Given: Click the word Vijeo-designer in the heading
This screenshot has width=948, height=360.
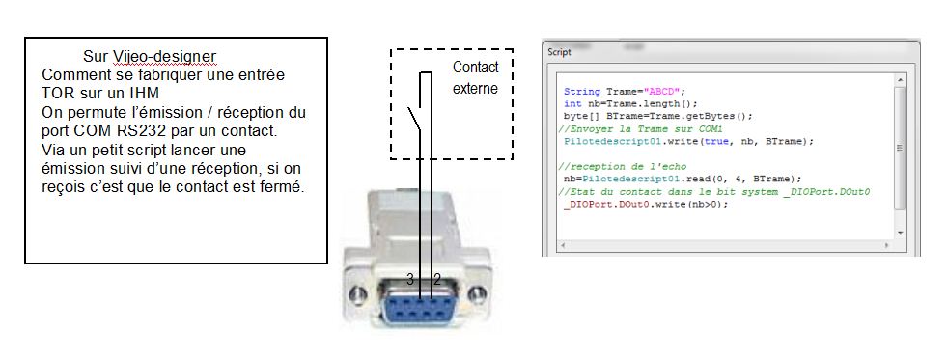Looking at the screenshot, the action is pos(164,57).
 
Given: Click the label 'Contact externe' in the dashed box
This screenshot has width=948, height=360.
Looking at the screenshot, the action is pos(476,77).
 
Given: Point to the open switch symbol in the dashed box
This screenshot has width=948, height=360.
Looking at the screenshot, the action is pos(415,120).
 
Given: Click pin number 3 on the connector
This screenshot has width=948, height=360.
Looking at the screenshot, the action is pos(410,279).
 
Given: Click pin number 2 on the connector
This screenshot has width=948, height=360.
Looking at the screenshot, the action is pos(437,279).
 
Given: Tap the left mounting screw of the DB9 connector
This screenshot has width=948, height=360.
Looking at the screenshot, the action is pos(358,294).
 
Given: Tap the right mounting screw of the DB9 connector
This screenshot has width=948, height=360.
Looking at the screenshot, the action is pos(477,294).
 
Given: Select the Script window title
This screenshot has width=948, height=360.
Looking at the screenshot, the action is pos(559,52).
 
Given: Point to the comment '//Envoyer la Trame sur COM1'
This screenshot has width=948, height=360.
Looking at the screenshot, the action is pos(640,128).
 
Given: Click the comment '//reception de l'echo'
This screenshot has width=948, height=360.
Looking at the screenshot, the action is pos(622,167).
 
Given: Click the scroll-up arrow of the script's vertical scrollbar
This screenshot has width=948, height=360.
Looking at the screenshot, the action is pos(900,79).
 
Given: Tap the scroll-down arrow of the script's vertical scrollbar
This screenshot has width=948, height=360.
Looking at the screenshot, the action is pos(900,233).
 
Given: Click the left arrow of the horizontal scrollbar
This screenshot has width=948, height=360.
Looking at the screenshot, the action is pos(562,246).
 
